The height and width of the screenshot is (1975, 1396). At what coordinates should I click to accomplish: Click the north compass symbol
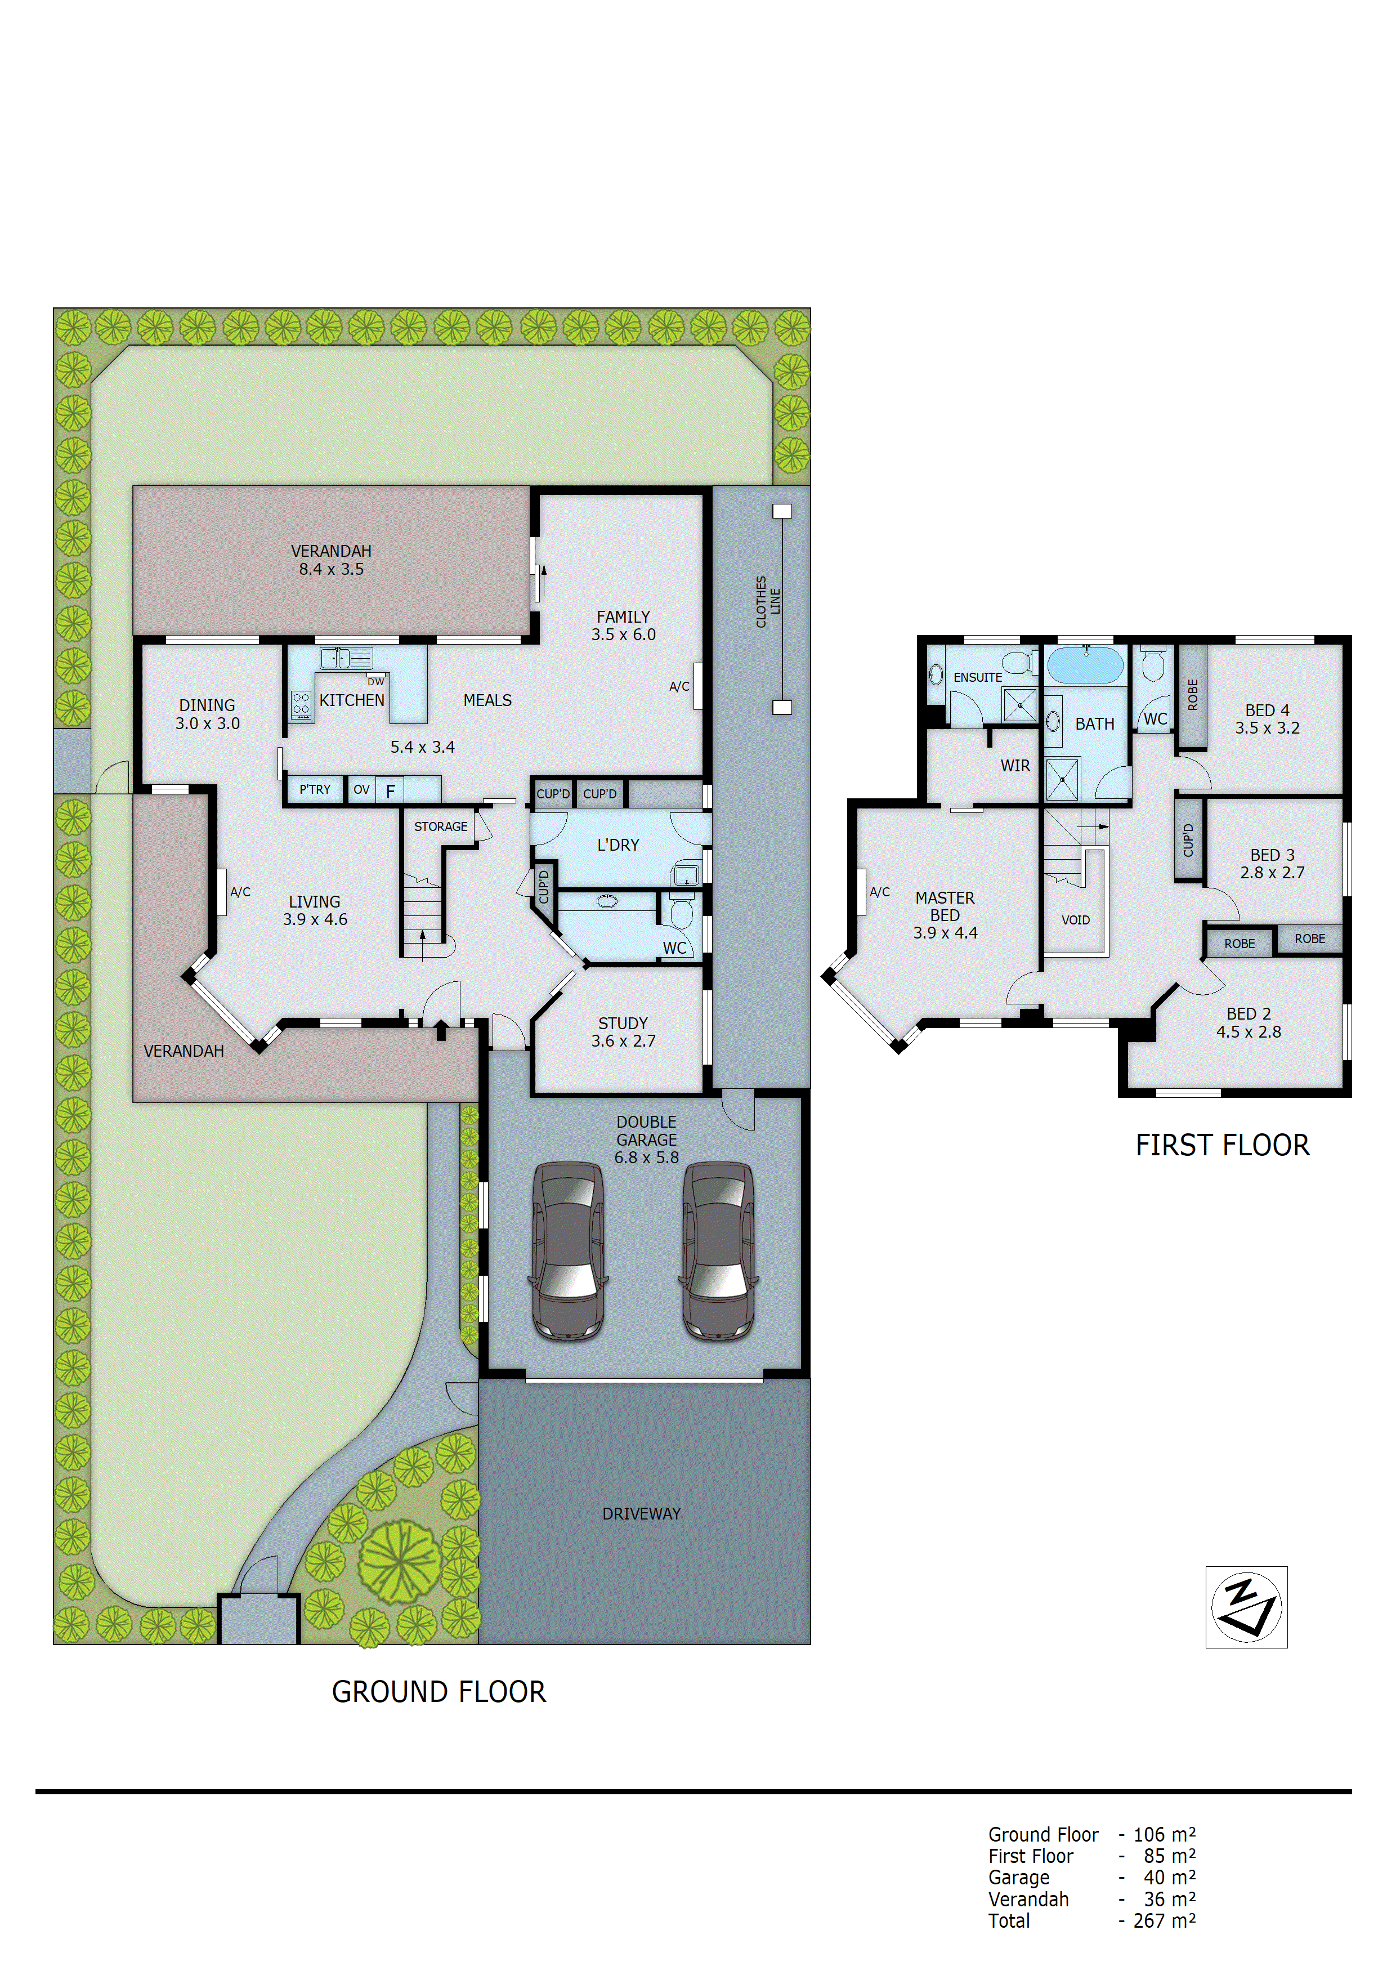click(1246, 1607)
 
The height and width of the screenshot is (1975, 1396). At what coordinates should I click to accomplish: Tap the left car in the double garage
click(569, 1252)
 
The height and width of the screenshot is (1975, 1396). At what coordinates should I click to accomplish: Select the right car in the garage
click(719, 1252)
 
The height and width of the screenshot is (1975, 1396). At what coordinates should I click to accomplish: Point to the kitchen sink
click(346, 658)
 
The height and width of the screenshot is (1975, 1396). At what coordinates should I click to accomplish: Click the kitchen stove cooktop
click(300, 704)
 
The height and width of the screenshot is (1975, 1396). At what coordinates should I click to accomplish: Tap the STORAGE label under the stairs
click(440, 826)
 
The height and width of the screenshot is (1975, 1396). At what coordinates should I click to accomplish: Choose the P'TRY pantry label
click(315, 790)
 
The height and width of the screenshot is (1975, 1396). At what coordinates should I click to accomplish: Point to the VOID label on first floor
click(1075, 921)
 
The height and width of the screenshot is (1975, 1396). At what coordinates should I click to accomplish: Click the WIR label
click(1015, 766)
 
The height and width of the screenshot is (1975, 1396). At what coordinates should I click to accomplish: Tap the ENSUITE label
click(977, 678)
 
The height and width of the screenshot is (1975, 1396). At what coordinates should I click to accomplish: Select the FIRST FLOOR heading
click(1221, 1146)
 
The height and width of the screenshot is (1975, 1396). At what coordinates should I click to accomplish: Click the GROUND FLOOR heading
click(439, 1692)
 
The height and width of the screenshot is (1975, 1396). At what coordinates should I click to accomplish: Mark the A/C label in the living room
click(240, 892)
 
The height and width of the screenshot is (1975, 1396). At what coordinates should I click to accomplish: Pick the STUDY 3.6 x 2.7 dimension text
click(623, 1041)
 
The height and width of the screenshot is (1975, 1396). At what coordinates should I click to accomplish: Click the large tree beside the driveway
click(400, 1561)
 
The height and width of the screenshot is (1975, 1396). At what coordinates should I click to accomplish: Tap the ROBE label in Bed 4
click(1192, 695)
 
